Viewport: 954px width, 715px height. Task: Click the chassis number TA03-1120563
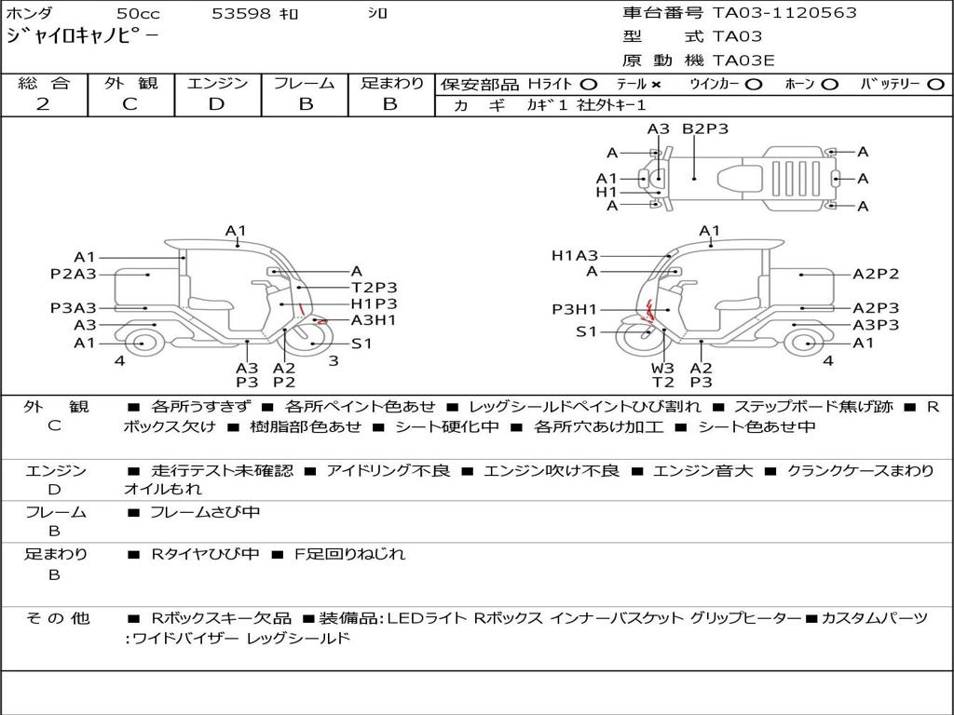tap(784, 13)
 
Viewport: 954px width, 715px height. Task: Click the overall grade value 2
tap(43, 104)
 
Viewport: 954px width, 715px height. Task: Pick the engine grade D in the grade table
tap(216, 104)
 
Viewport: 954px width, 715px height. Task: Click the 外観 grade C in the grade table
tap(129, 104)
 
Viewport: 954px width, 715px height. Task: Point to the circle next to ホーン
tap(829, 85)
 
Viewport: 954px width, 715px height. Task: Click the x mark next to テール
tap(656, 85)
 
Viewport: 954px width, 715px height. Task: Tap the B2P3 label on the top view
tap(705, 128)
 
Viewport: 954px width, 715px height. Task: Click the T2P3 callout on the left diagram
tap(375, 288)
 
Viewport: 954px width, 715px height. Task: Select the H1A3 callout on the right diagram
tap(575, 256)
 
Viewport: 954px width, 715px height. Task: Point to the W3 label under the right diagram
tap(662, 368)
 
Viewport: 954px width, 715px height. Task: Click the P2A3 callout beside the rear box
tap(73, 275)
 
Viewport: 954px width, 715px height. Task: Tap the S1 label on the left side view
tap(361, 344)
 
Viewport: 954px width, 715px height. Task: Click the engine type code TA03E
tap(743, 61)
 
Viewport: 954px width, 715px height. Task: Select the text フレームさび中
tap(205, 513)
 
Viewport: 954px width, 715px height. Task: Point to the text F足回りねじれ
tap(350, 554)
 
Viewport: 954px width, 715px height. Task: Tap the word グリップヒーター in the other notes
tap(745, 618)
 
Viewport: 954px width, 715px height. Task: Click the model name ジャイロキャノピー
tap(82, 35)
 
